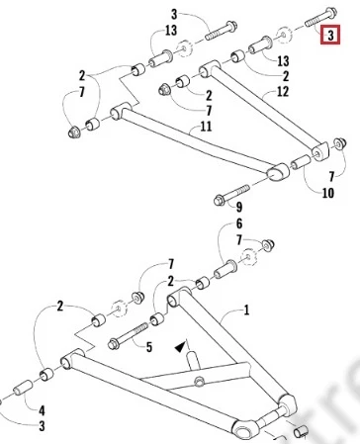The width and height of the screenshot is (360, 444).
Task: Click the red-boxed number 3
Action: (x=330, y=35)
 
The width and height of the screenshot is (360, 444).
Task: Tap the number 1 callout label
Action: (x=246, y=310)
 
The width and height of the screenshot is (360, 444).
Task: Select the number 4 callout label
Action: (x=42, y=410)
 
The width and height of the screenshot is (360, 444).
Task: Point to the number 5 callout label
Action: (x=149, y=347)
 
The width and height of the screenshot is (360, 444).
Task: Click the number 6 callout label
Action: (x=239, y=223)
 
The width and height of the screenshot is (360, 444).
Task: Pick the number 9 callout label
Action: (x=239, y=207)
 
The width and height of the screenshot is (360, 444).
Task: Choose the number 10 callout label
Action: (x=327, y=193)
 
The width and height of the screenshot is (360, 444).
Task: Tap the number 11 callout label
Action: (x=206, y=127)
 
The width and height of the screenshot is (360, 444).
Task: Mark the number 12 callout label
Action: (x=283, y=91)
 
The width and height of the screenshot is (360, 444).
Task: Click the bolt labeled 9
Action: (x=231, y=194)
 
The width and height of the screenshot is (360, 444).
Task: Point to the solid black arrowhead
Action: (x=180, y=347)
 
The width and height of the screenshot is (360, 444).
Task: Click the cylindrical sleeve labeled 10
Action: (x=301, y=161)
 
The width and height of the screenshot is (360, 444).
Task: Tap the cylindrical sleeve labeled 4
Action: (x=23, y=388)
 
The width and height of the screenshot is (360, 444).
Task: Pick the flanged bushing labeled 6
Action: (x=225, y=270)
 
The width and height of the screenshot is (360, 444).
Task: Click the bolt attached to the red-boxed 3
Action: (x=320, y=17)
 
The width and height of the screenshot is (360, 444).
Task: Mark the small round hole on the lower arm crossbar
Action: (x=199, y=382)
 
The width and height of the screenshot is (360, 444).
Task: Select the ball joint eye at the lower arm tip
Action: (x=245, y=430)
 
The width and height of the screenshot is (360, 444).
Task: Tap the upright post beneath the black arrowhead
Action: (x=193, y=362)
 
